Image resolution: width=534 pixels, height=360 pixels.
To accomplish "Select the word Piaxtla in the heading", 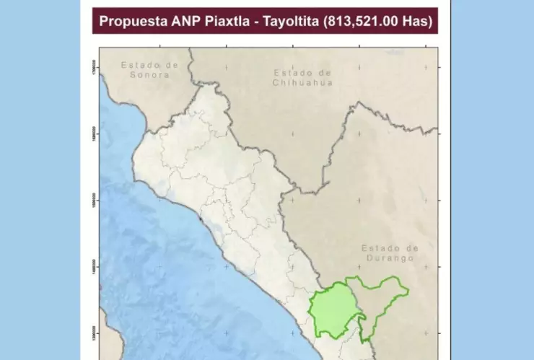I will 230,22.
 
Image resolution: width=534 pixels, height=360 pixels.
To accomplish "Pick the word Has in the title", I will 418,22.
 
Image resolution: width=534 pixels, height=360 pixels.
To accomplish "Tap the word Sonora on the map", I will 149,74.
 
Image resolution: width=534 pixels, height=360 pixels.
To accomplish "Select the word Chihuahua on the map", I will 302,82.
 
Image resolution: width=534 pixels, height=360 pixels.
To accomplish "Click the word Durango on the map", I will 389,258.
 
